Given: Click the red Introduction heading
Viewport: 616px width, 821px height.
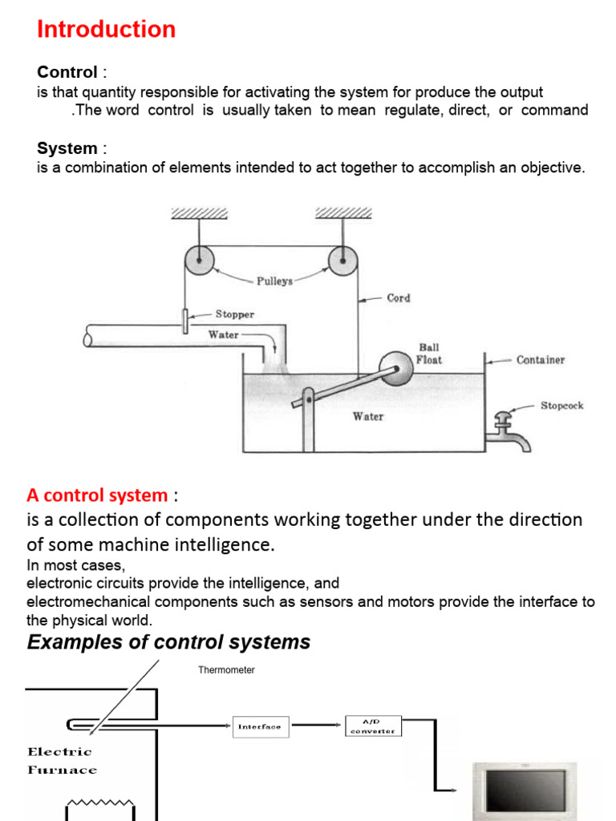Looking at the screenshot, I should [x=106, y=30].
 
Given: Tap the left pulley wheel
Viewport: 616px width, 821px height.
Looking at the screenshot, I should [x=200, y=260].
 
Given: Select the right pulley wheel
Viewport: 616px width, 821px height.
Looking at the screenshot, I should [x=342, y=260].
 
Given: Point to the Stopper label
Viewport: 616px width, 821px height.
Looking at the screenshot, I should [x=234, y=315].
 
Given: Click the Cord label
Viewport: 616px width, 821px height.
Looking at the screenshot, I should [x=398, y=298].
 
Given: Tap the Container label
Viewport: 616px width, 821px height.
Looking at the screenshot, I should [x=540, y=360].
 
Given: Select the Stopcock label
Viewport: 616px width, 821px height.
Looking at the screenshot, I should [x=561, y=406].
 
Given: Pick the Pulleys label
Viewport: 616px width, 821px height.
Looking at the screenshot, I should [x=274, y=281].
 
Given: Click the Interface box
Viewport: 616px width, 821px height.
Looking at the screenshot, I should [x=260, y=726].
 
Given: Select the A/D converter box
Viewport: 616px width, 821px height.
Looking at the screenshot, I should [x=373, y=726].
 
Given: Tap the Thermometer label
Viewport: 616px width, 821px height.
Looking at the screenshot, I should [x=226, y=670].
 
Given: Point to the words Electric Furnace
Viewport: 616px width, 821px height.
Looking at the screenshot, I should [x=62, y=761].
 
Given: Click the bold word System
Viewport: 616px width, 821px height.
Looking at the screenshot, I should [x=67, y=149].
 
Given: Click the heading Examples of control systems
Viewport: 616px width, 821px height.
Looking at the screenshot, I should [x=168, y=642].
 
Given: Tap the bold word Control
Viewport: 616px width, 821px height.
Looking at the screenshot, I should [x=67, y=73].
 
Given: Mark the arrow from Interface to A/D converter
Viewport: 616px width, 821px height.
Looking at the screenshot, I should [x=317, y=726].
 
